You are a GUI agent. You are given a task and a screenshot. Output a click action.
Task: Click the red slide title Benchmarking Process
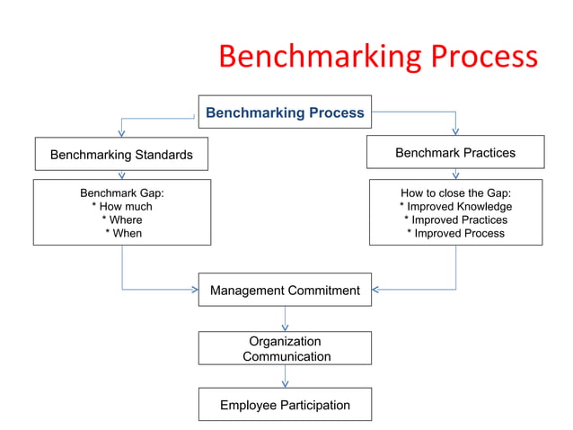[x=378, y=58]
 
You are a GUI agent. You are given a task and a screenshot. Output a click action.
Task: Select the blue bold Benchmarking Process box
[x=285, y=112]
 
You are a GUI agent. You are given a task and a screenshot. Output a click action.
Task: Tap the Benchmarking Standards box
[x=121, y=155]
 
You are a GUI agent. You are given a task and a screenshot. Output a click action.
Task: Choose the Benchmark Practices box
[x=455, y=153]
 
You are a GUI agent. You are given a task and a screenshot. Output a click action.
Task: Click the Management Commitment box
[x=285, y=291]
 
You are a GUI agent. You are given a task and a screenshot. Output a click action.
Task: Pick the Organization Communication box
[x=285, y=348]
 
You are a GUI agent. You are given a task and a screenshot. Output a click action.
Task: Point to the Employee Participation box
[x=285, y=405]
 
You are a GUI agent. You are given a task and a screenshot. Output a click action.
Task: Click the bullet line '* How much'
[x=122, y=207]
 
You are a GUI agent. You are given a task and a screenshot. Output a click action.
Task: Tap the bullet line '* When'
[x=123, y=233]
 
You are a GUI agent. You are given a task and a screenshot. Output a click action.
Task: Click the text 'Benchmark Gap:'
[x=122, y=193]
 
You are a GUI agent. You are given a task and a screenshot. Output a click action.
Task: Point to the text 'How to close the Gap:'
[x=455, y=193]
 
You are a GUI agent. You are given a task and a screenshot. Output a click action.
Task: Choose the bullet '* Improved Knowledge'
[x=455, y=207]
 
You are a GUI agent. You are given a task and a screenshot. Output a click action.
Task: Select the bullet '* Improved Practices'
[x=455, y=220]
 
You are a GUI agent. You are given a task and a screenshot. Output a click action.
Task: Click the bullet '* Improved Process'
[x=455, y=233]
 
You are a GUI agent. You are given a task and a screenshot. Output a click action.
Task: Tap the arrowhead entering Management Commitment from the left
[x=194, y=290]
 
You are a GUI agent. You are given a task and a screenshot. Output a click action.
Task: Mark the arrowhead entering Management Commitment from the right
[x=376, y=290]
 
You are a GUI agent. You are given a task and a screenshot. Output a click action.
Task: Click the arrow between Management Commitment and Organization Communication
[x=285, y=320]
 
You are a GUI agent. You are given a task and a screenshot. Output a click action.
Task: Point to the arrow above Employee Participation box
[x=285, y=377]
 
